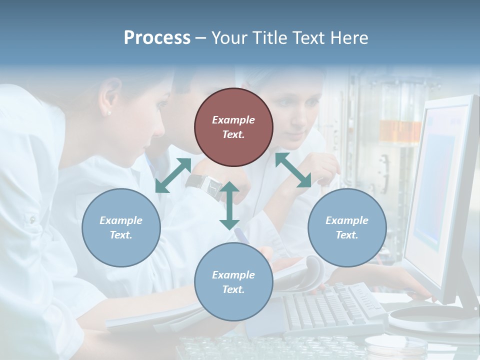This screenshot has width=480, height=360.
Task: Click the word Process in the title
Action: coord(157,37)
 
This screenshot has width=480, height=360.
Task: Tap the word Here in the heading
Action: coord(348,37)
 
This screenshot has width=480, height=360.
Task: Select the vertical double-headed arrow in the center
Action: coord(229,205)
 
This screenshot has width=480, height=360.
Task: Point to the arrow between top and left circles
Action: coord(173,175)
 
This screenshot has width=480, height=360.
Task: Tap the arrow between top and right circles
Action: coord(293,170)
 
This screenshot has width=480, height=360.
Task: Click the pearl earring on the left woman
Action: coord(109,113)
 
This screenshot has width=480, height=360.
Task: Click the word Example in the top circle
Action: coord(233,120)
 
